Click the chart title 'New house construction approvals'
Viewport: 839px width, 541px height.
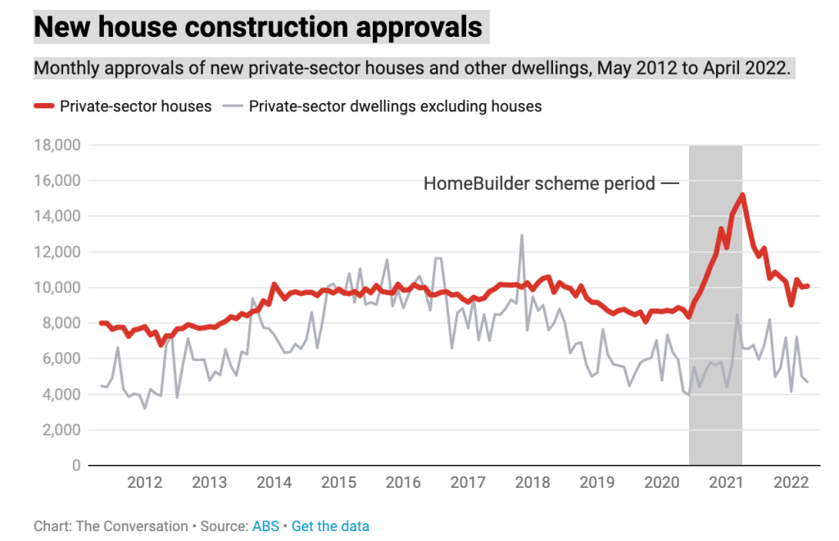(258, 27)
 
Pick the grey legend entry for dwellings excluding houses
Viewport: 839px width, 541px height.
(395, 106)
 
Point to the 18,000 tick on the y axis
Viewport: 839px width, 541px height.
(57, 146)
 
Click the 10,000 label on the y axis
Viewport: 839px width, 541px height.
(57, 288)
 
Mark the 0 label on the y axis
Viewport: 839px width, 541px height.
(75, 466)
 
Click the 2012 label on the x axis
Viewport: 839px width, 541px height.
(143, 482)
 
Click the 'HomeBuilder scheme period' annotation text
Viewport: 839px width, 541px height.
(539, 183)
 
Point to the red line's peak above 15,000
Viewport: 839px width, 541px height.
(742, 195)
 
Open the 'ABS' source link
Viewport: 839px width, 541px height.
(265, 526)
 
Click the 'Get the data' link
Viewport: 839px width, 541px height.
(330, 526)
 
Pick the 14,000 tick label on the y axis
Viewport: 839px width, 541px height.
(57, 217)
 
